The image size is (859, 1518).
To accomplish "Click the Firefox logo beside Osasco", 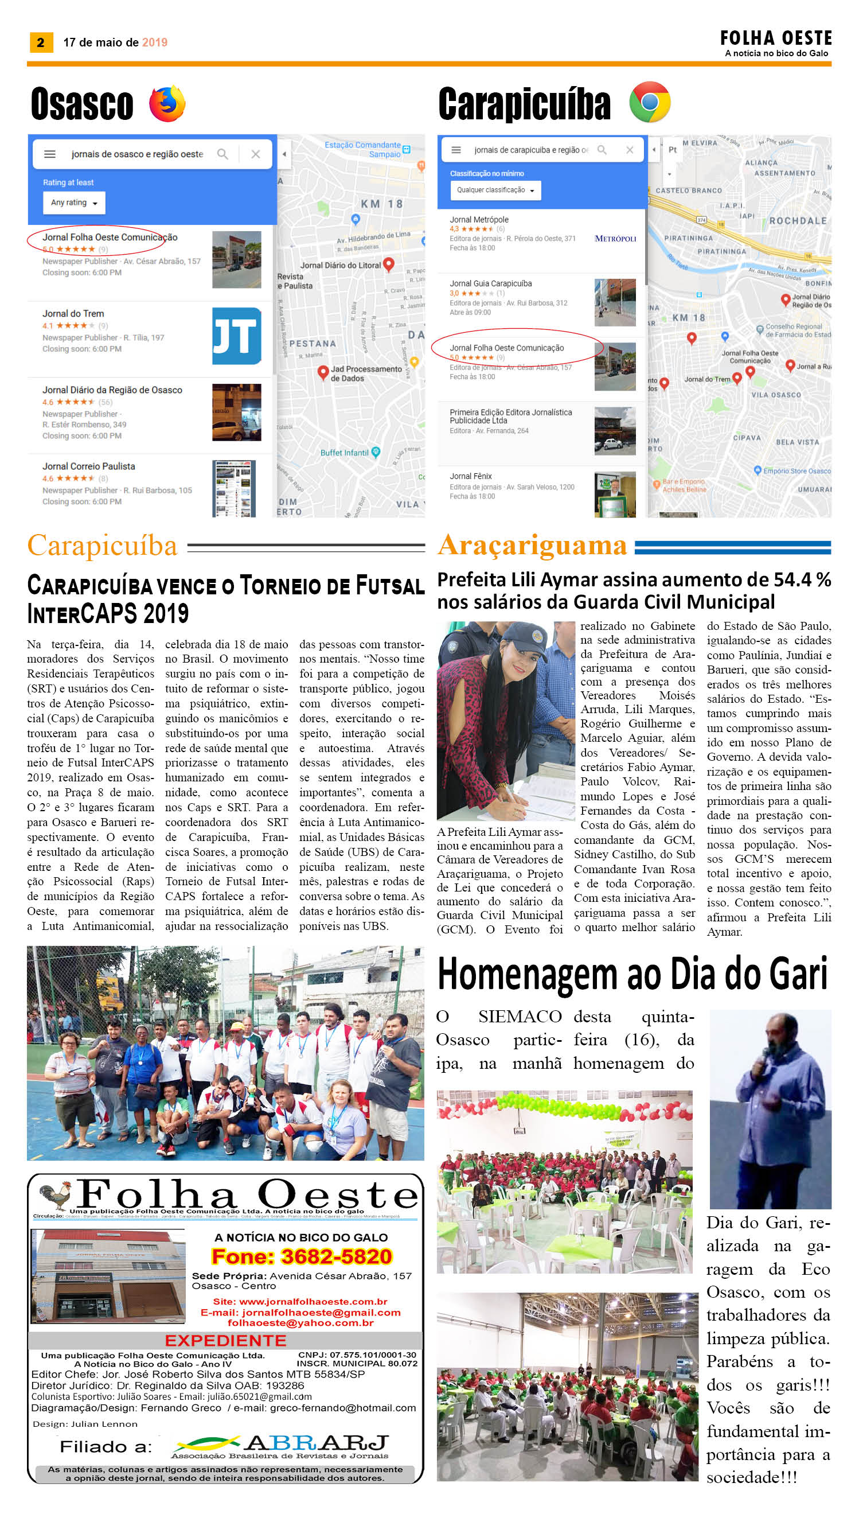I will [167, 104].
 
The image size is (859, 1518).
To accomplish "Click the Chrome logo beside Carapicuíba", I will [650, 102].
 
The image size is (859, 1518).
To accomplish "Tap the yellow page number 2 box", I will [41, 42].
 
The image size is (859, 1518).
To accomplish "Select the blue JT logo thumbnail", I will [237, 336].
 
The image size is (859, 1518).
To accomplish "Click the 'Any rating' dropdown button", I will [74, 203].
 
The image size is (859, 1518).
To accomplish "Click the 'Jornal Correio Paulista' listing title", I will [88, 466].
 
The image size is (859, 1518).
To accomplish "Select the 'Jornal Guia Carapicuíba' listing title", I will [490, 283].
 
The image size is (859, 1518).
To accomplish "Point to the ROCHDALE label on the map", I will [798, 221].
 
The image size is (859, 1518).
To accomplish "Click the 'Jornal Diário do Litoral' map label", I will [341, 265].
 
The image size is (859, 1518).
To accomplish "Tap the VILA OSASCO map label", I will [776, 395].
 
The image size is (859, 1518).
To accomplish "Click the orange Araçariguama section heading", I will [532, 545].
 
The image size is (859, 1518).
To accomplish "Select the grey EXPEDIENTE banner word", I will [225, 1340].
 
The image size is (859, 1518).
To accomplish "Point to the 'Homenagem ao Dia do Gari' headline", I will [632, 974].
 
